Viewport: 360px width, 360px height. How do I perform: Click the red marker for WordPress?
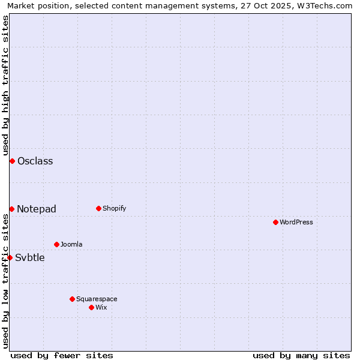[275, 222]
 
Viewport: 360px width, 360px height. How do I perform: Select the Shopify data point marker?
[98, 208]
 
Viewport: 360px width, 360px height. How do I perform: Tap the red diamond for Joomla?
[56, 244]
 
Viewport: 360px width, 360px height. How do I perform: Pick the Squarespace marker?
[72, 299]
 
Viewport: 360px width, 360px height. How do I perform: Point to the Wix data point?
[91, 307]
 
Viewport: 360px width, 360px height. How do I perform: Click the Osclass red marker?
[12, 161]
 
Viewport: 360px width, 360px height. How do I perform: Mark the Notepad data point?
[11, 209]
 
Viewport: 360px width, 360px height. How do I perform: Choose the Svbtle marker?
[10, 257]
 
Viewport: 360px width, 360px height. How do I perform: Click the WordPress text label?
[296, 222]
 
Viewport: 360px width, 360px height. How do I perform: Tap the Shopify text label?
[114, 208]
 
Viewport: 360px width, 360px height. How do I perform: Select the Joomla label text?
[71, 244]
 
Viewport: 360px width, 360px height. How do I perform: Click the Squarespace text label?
[97, 299]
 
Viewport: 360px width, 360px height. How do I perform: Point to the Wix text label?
[101, 307]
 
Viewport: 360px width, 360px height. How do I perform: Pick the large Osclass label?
[35, 161]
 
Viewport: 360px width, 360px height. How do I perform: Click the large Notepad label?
[37, 209]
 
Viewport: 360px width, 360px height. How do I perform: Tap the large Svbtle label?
[30, 257]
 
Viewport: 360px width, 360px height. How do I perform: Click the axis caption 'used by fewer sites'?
[62, 355]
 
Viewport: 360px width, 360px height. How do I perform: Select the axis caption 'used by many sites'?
[301, 355]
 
